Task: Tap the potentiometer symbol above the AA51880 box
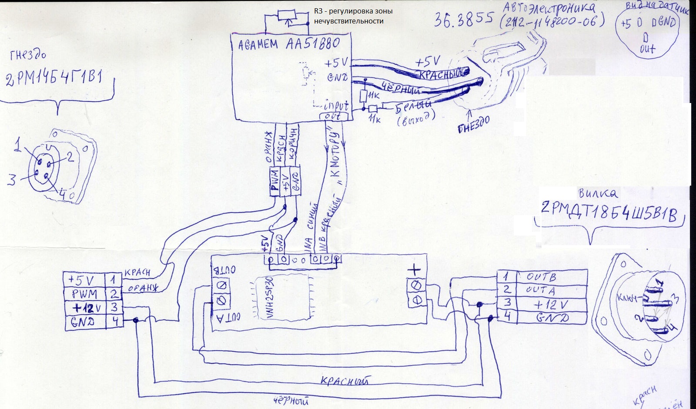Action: (x=286, y=16)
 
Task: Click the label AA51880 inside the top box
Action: (x=312, y=44)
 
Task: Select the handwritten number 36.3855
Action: (x=464, y=19)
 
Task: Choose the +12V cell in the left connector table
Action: (x=84, y=308)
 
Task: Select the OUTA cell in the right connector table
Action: (x=540, y=290)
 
